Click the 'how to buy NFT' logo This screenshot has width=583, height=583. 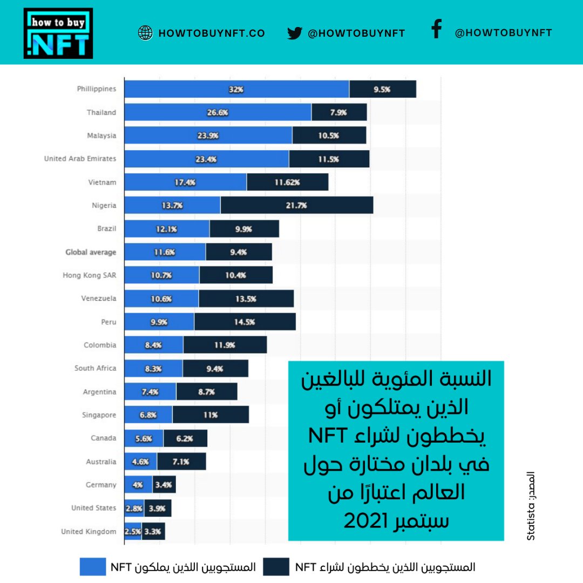click(x=58, y=33)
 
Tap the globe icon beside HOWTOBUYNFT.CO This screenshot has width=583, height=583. click(x=145, y=33)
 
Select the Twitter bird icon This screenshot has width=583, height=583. click(x=294, y=33)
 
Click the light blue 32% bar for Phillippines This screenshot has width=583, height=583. click(x=236, y=89)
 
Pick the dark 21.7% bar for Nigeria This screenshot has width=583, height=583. click(x=296, y=205)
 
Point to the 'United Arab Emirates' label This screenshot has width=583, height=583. click(x=80, y=159)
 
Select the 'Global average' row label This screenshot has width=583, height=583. click(x=91, y=252)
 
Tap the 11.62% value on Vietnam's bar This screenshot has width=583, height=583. click(x=288, y=182)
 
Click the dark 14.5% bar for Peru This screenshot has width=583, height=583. click(x=245, y=322)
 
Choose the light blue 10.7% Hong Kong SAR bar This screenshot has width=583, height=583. click(x=161, y=275)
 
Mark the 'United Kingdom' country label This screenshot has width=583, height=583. click(x=89, y=532)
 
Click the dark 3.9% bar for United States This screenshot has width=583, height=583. click(x=158, y=509)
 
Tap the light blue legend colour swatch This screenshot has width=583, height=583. click(x=93, y=567)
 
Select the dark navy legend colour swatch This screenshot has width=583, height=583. click(x=276, y=567)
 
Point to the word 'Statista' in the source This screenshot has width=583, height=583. click(x=531, y=521)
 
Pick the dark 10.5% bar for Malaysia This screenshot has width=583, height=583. click(x=329, y=135)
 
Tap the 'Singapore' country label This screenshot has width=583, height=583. click(x=100, y=415)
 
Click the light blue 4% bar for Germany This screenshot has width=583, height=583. click(x=138, y=485)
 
